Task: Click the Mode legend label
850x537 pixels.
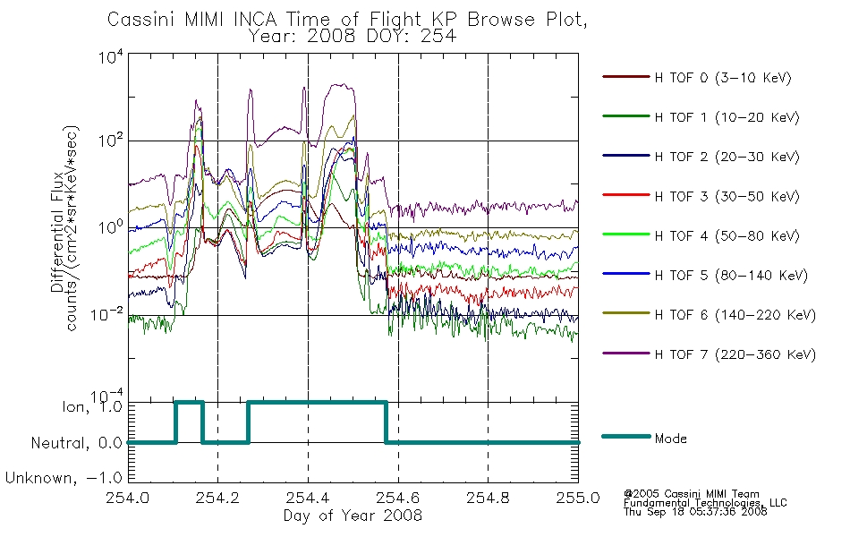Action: tap(670, 439)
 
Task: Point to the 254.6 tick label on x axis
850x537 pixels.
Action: tap(398, 498)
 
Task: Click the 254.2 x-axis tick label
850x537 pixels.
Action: tap(218, 498)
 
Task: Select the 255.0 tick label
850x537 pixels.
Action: tap(578, 498)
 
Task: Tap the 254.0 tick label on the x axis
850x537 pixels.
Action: tap(128, 498)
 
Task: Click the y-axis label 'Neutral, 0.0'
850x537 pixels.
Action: tap(76, 443)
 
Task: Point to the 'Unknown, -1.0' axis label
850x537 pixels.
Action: tap(64, 478)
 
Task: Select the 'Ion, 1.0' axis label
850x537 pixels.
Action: tap(92, 406)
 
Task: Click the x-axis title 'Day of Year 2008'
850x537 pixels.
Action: tap(353, 516)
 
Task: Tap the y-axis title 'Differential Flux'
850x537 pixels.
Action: tap(57, 232)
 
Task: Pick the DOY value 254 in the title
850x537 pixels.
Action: tap(438, 37)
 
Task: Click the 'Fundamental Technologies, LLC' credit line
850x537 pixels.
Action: tap(705, 503)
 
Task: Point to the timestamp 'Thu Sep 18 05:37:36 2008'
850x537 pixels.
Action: tap(695, 512)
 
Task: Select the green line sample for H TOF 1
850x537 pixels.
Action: tap(626, 116)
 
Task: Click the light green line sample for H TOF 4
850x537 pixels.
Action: tap(626, 234)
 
